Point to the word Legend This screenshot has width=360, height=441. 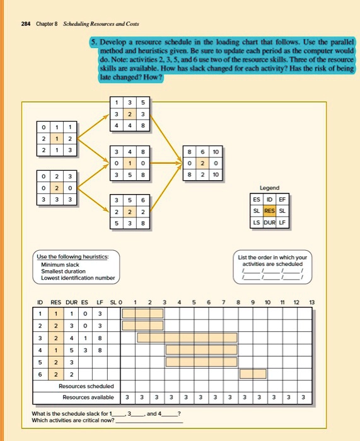pos(269,188)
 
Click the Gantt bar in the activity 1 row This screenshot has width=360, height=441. pos(142,312)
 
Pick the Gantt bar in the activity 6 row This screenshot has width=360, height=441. pos(252,373)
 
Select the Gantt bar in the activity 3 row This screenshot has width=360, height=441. pos(187,337)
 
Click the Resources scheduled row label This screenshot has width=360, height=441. pos(86,386)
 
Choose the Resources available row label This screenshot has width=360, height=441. pos(88,398)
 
